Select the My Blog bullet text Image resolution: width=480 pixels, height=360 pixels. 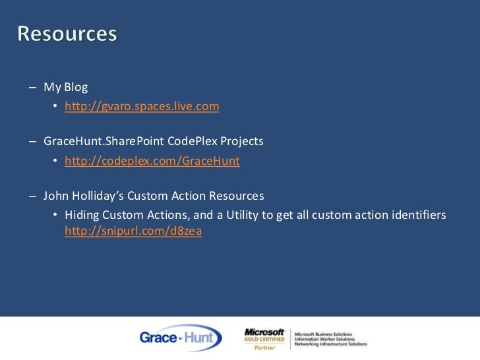(66, 87)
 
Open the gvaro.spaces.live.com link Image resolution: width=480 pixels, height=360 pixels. (142, 106)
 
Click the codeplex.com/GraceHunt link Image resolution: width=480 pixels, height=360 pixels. (152, 160)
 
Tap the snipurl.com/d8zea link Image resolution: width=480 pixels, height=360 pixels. (133, 231)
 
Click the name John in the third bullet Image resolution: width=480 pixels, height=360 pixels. (55, 196)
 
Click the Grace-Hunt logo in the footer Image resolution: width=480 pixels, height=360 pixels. (180, 338)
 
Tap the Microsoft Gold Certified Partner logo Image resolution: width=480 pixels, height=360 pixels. (264, 338)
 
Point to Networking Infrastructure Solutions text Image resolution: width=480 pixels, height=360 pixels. (331, 344)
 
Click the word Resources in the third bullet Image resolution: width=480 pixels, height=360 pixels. (238, 196)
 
